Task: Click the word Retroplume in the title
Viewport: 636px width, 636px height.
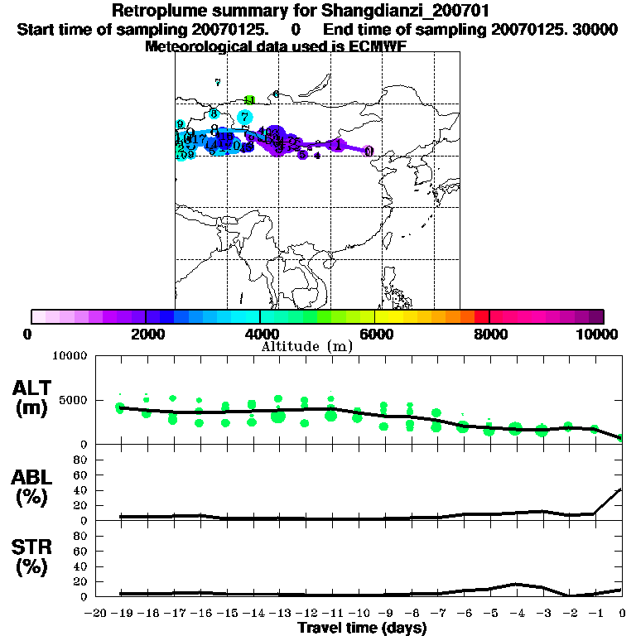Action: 155,12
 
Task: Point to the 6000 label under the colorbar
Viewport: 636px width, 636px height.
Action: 374,334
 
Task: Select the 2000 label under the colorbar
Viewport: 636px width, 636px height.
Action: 145,334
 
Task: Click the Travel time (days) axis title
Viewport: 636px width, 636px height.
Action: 362,629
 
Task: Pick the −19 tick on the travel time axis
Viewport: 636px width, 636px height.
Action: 123,614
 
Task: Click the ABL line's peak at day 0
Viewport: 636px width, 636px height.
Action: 621,489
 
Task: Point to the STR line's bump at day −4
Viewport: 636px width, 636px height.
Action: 515,584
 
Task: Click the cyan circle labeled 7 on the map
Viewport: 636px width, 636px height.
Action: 244,117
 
